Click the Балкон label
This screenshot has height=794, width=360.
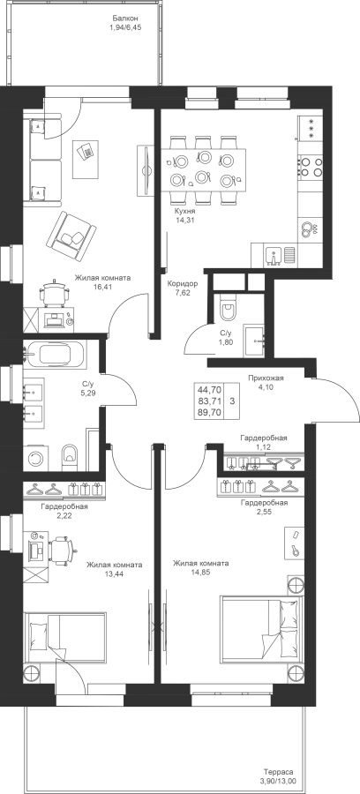pos(125,19)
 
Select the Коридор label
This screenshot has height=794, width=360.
pos(183,283)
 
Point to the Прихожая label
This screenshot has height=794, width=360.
pos(266,378)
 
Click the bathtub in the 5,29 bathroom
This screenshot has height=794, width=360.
pos(56,353)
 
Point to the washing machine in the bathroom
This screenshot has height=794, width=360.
pos(35,458)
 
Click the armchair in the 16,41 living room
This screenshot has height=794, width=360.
pos(71,235)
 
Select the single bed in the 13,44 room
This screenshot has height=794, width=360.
pos(65,638)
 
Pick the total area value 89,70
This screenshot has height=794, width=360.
pos(210,413)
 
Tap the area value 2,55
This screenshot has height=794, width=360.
pos(265,512)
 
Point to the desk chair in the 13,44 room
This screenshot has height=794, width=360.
pos(63,551)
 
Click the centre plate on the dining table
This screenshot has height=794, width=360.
pos(203,176)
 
